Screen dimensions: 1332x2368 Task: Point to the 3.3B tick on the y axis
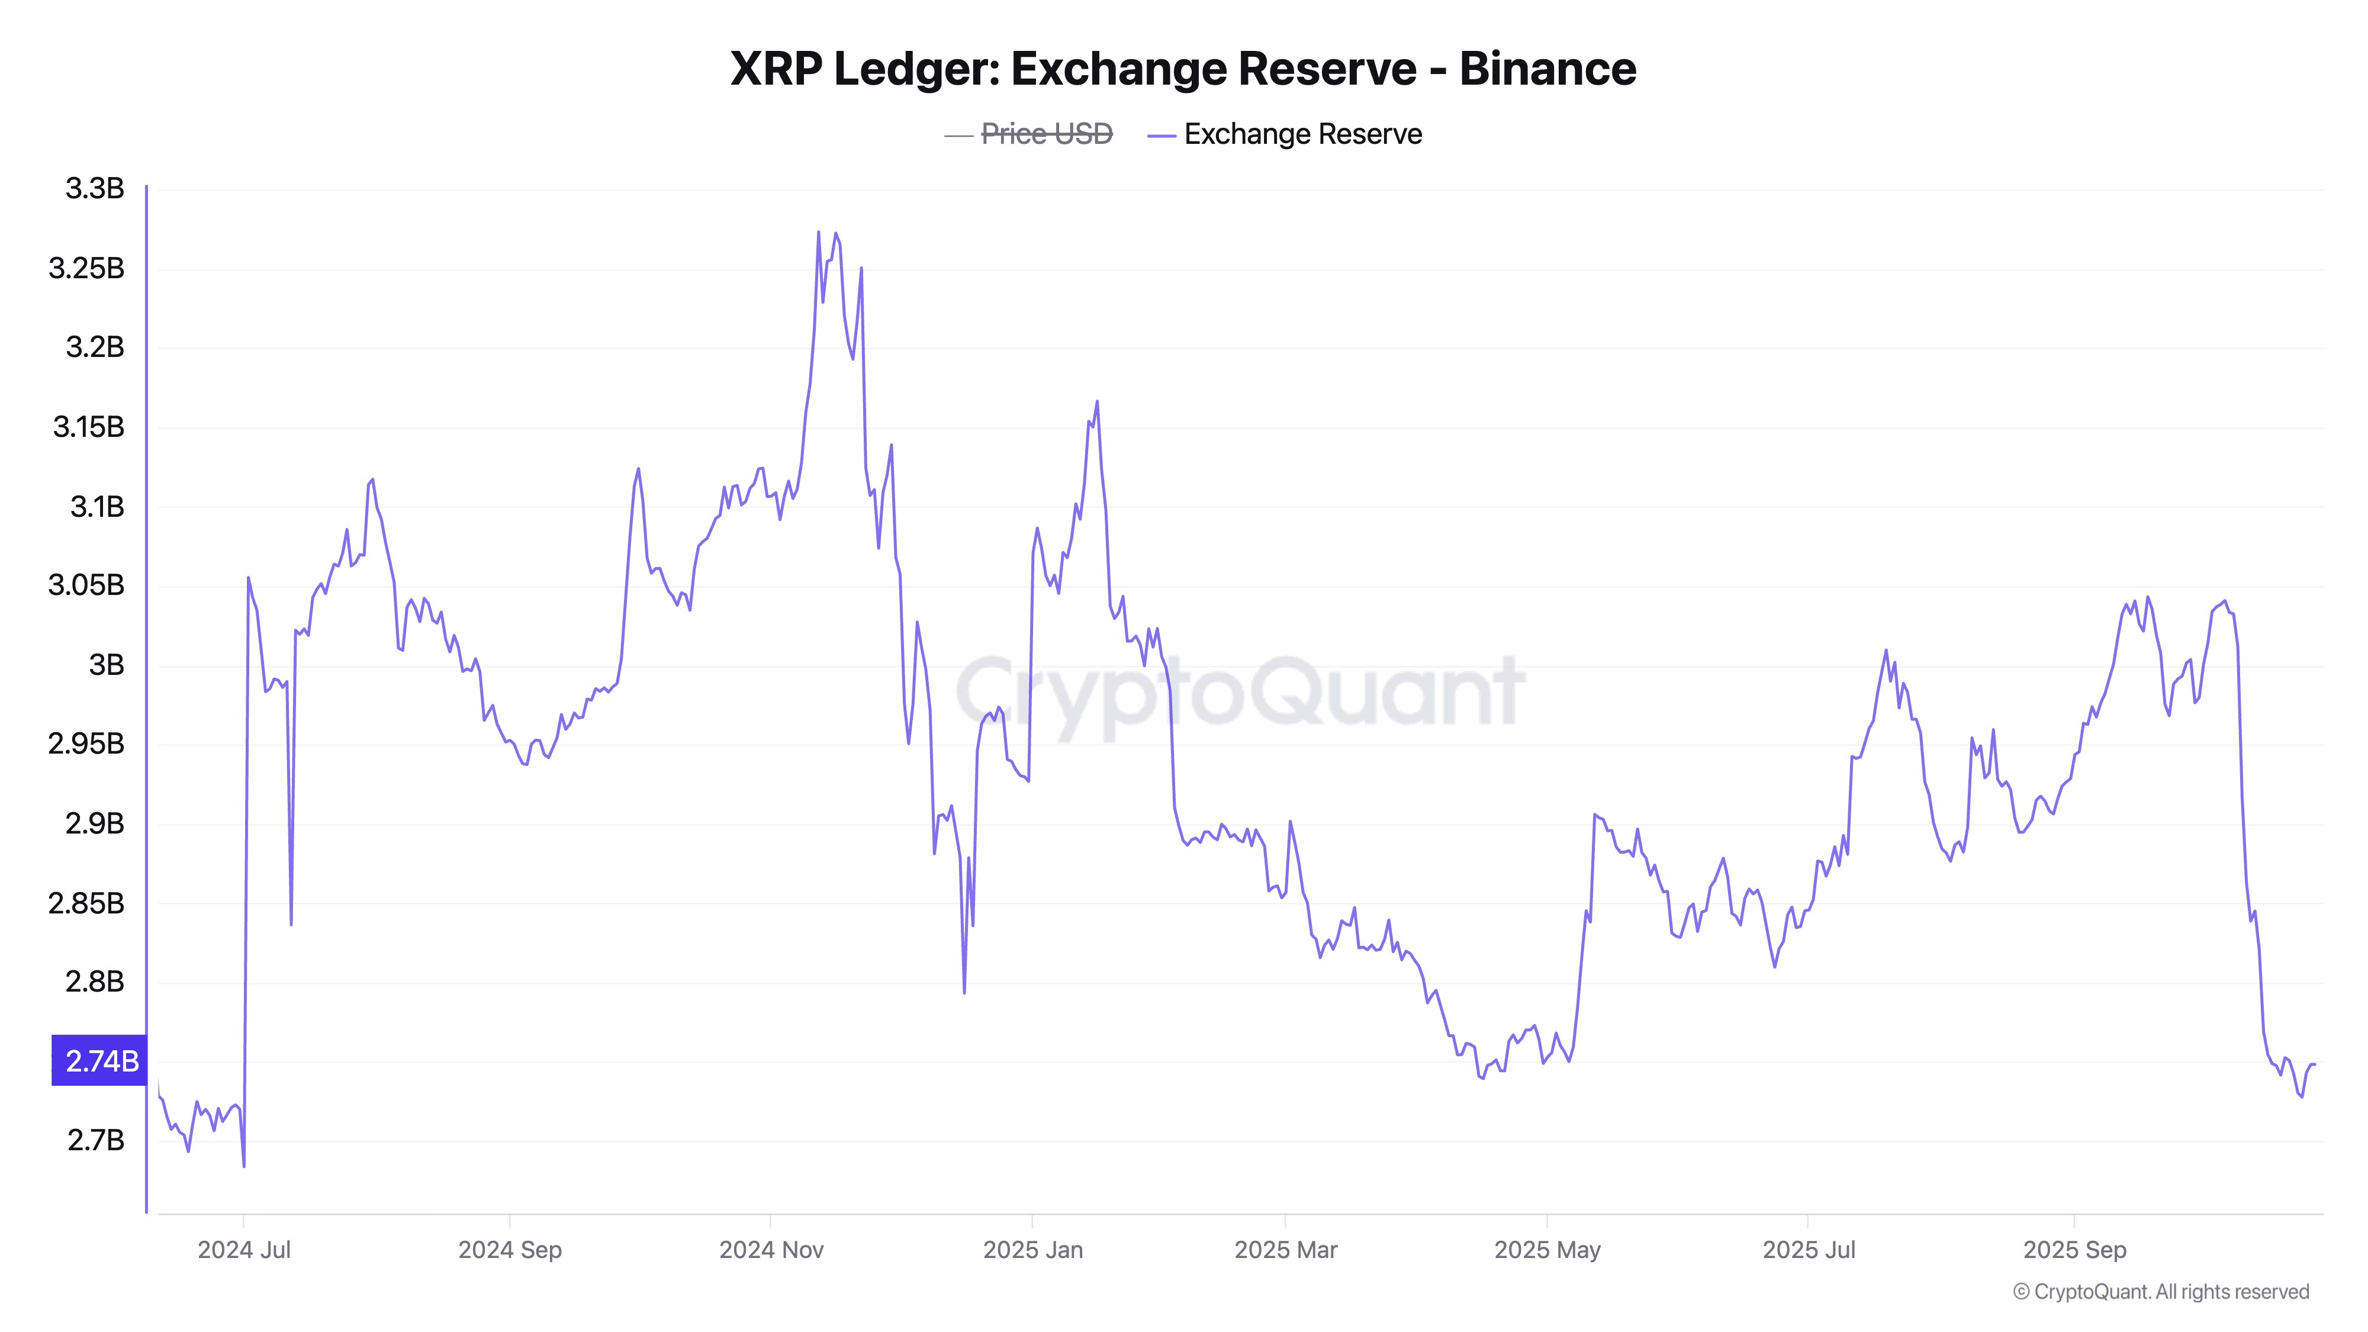coord(95,188)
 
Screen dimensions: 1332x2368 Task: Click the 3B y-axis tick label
coord(106,665)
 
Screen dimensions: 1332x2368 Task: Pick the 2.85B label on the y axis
coord(86,903)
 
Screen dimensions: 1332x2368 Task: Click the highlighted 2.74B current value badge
coord(100,1061)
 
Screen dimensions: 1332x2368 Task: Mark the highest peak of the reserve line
coord(818,233)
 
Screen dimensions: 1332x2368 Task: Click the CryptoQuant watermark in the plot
coord(1241,691)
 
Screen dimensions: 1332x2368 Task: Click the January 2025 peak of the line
coord(1096,402)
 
